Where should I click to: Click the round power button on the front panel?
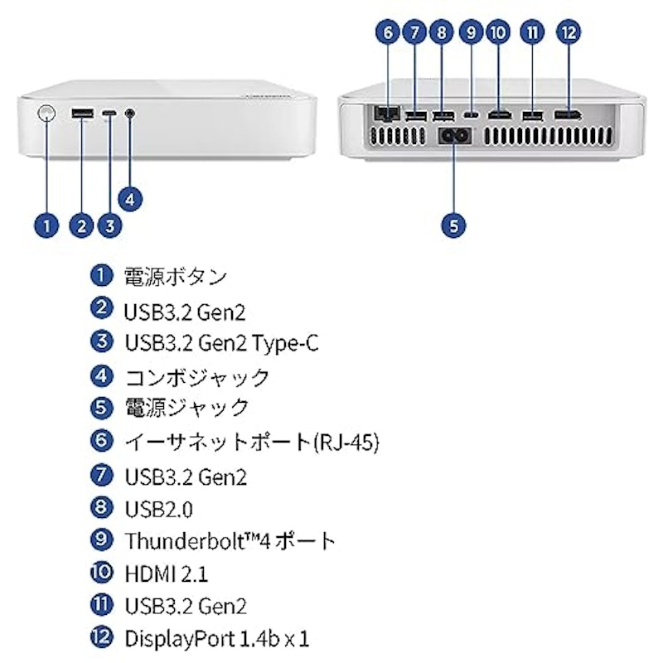click(x=46, y=114)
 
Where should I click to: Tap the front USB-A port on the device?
click(x=82, y=114)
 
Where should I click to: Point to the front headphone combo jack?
click(x=130, y=114)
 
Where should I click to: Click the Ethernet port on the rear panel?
click(x=387, y=113)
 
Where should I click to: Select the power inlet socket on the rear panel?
click(x=453, y=136)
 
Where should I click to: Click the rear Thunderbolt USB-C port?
click(x=471, y=114)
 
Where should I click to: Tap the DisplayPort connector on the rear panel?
click(x=568, y=114)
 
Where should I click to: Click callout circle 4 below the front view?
click(x=130, y=199)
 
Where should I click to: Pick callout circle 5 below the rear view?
click(x=453, y=225)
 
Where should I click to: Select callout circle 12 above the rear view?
click(x=569, y=32)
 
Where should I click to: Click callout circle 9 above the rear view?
click(x=471, y=32)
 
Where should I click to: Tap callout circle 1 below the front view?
click(x=46, y=225)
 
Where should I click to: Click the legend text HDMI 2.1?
click(x=167, y=574)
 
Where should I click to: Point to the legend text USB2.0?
click(x=159, y=509)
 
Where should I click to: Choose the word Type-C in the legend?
click(x=285, y=343)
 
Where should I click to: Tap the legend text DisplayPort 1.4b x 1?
click(x=217, y=639)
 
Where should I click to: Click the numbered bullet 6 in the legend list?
click(x=101, y=440)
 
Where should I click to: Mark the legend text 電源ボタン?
click(x=176, y=277)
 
